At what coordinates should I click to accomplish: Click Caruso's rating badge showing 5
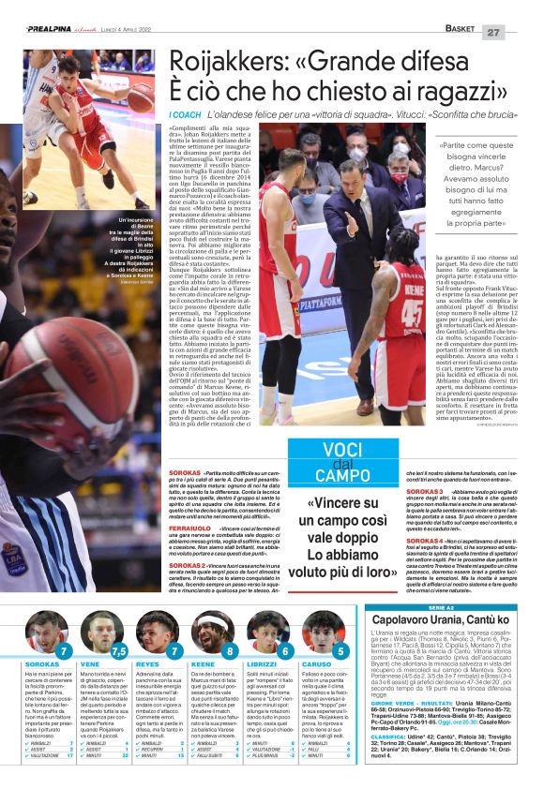[339, 650]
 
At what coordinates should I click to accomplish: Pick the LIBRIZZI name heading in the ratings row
[263, 663]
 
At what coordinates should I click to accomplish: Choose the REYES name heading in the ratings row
[147, 663]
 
